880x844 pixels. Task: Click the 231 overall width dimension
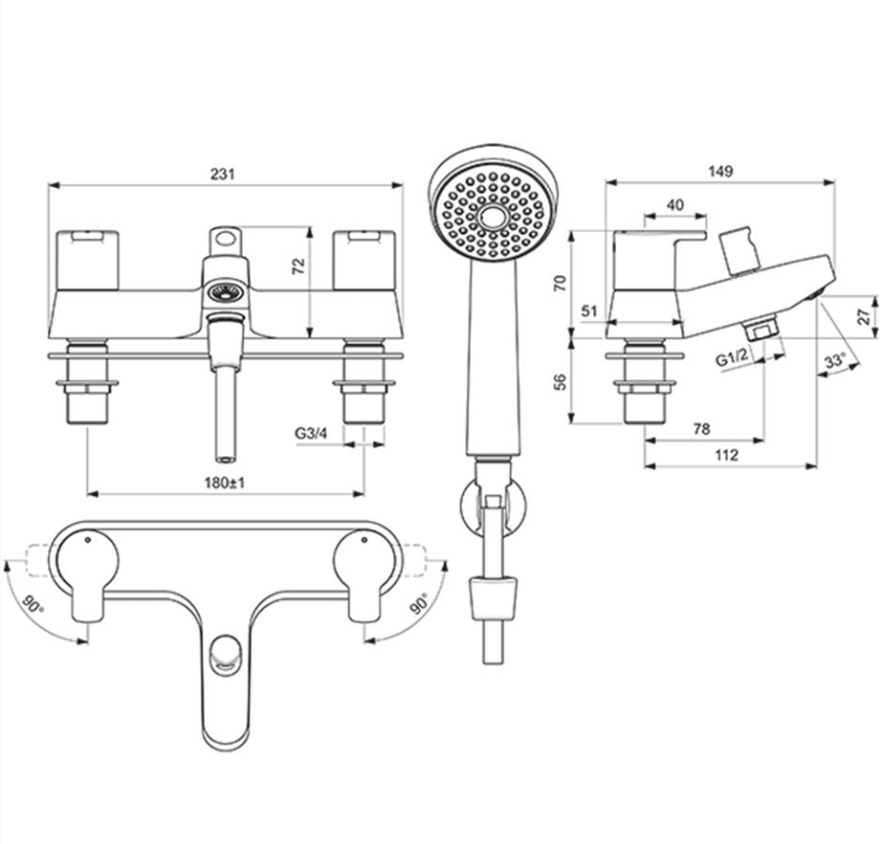224,173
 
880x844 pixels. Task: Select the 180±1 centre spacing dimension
226,483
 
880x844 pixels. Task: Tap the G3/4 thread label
311,432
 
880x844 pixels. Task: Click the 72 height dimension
300,264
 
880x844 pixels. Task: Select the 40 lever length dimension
674,204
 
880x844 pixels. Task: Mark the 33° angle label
835,361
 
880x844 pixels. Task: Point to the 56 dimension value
559,382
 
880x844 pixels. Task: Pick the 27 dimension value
862,316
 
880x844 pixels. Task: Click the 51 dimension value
588,310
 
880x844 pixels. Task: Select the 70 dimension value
559,284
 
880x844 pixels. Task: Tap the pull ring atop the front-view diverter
226,239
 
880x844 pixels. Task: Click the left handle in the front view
88,260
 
